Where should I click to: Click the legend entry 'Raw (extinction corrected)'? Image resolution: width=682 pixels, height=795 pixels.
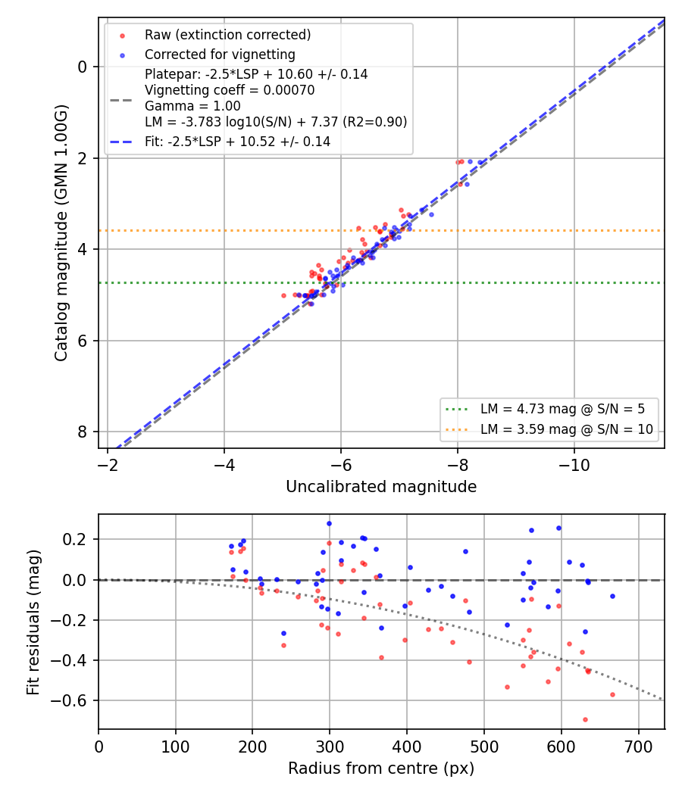click(x=227, y=35)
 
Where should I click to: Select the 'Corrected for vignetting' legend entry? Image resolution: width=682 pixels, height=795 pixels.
click(x=220, y=55)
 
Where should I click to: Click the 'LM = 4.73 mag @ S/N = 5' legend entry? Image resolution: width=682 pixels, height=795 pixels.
click(x=562, y=409)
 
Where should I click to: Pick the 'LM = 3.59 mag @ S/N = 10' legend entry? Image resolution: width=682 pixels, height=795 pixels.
click(x=566, y=430)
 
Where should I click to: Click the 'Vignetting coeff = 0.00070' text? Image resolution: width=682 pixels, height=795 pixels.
click(x=230, y=90)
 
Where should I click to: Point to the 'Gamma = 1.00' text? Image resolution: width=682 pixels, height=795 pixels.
click(x=192, y=106)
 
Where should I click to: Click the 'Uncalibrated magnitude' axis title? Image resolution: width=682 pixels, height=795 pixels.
click(x=381, y=487)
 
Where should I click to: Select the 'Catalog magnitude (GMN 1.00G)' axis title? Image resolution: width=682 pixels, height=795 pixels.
click(x=61, y=232)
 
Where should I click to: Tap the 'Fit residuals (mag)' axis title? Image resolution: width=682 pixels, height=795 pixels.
click(x=33, y=622)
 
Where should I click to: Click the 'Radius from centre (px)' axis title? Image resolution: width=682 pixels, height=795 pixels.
click(x=381, y=768)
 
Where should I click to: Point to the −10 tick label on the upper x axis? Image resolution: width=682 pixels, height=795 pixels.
click(x=574, y=465)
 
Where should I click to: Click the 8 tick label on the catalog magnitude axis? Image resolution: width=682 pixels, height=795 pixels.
click(x=82, y=432)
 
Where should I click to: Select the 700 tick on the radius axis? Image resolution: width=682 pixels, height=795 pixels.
click(x=638, y=747)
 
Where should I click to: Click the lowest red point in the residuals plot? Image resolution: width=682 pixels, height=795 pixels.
click(x=585, y=719)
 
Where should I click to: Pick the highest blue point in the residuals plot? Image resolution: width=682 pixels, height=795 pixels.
click(x=329, y=524)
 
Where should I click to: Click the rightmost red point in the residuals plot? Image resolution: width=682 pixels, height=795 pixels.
click(x=612, y=694)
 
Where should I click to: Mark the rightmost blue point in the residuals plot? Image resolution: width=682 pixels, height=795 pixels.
click(x=612, y=597)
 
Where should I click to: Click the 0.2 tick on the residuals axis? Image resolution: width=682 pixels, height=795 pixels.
click(x=74, y=539)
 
